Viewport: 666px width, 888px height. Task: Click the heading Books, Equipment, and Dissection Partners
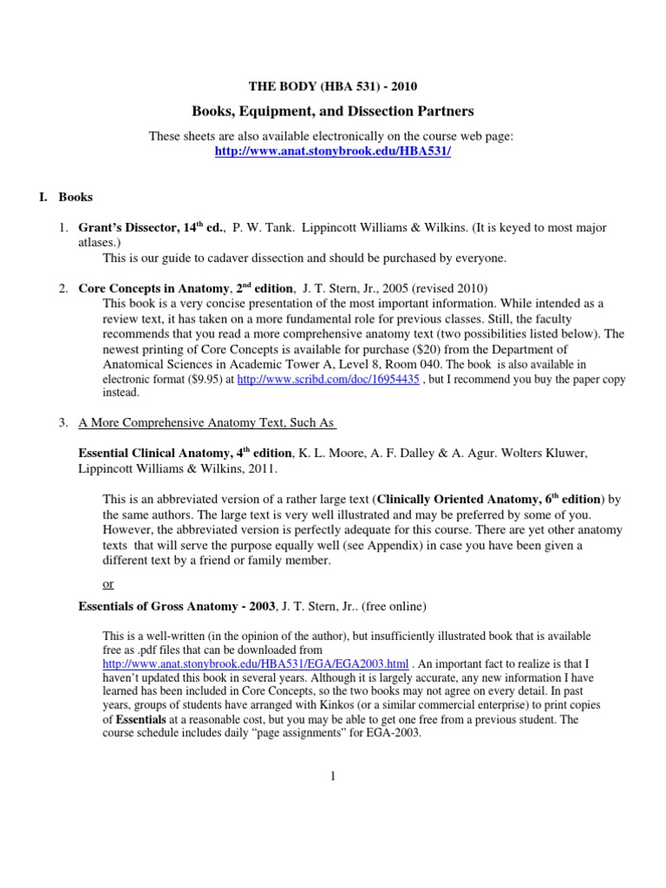tap(332, 112)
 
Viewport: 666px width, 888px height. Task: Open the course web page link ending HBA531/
tap(332, 151)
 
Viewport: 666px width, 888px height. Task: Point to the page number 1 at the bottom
tap(332, 775)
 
